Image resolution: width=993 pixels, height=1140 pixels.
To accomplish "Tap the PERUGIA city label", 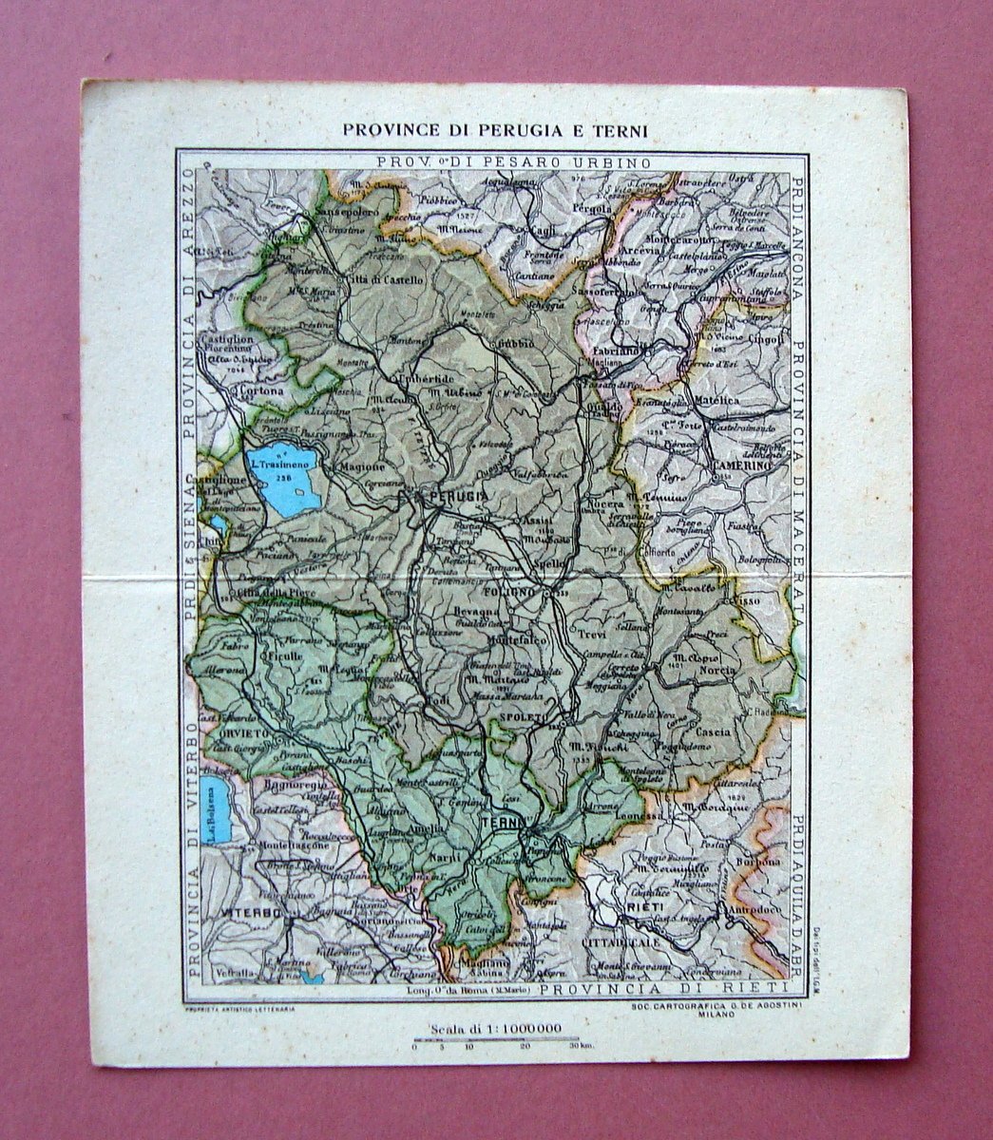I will click(x=458, y=496).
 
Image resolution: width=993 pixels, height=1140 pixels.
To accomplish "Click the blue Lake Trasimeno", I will click(x=281, y=478).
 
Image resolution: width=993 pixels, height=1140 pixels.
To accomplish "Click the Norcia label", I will click(x=718, y=670).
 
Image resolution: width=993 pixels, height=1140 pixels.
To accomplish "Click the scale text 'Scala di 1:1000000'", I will click(x=493, y=1028).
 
